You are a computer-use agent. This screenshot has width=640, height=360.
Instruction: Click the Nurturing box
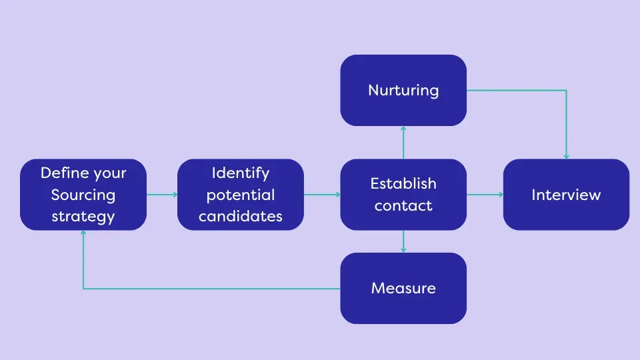coord(403,90)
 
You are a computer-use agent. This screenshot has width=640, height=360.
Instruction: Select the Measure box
coord(403,288)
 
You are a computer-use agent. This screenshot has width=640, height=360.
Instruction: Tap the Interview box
coord(566,195)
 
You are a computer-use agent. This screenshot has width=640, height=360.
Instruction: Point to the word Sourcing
coord(83,195)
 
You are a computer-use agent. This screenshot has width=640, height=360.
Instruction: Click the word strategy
coord(83,217)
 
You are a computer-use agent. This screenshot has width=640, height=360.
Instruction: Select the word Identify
coord(241,173)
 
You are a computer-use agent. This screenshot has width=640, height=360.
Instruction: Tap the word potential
coord(241,195)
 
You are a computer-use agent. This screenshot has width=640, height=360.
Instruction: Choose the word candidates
coord(241,217)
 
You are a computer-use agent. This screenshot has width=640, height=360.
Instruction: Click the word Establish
coord(403,183)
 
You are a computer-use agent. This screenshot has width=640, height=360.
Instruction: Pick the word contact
coord(403,206)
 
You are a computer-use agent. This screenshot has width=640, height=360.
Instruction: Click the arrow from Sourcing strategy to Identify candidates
coord(162,195)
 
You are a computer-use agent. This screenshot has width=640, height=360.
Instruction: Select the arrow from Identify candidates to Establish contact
coord(322,195)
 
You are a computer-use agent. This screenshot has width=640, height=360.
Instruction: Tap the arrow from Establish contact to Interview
coord(485,195)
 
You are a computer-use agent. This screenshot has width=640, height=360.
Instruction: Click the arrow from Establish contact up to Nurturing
coord(403,142)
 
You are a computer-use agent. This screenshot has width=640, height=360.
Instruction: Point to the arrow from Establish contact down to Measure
coord(403,241)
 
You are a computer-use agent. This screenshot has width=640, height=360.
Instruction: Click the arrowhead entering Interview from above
coord(566,156)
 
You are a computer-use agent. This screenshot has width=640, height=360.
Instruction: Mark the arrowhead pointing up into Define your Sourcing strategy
coord(83,233)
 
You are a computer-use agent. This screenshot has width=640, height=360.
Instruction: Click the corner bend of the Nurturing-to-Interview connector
coord(566,90)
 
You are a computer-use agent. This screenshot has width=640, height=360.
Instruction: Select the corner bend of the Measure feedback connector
coord(83,289)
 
